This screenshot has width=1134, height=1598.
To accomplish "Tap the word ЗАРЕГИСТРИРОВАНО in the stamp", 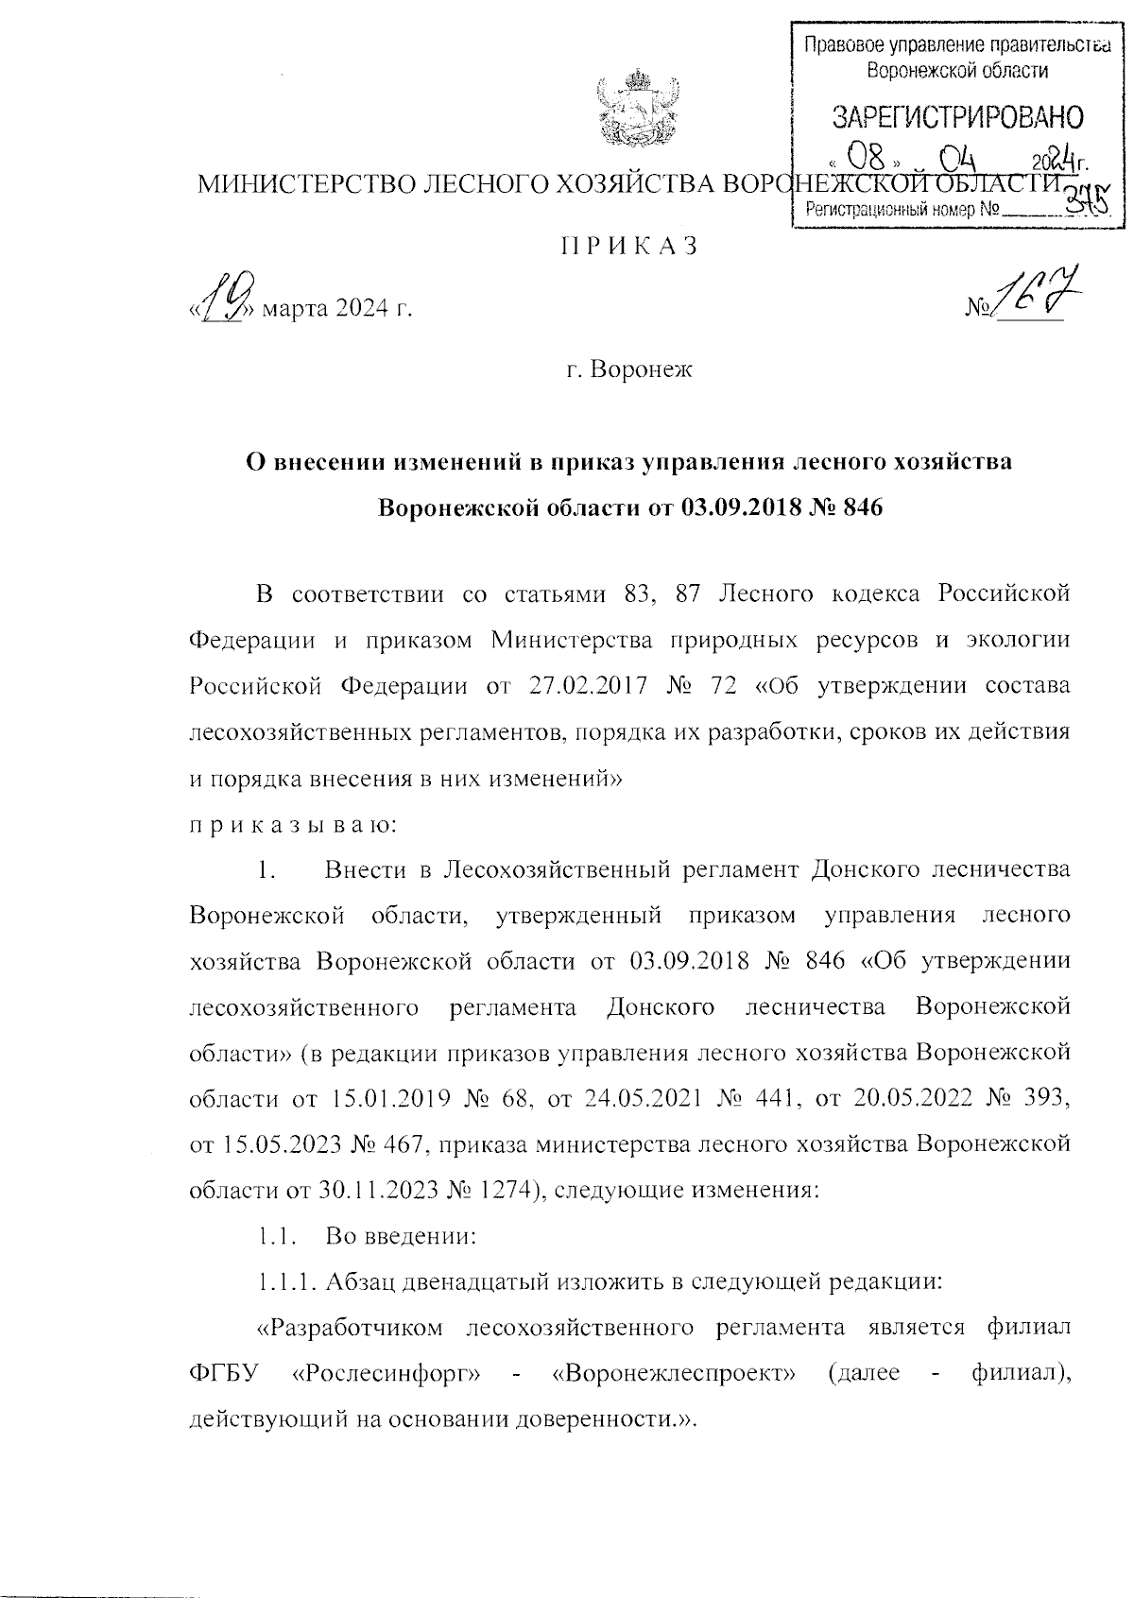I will point(957,117).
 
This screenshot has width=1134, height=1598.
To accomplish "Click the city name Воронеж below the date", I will point(641,369).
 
